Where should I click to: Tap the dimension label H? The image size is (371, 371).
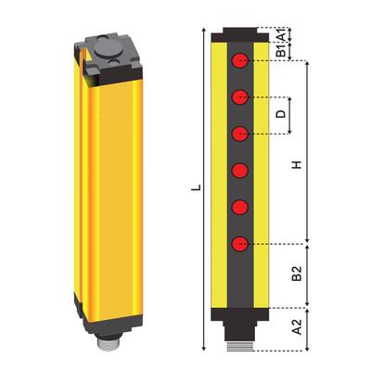[296, 165]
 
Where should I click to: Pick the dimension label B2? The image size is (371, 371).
[296, 275]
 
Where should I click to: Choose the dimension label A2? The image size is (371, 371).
[296, 326]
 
